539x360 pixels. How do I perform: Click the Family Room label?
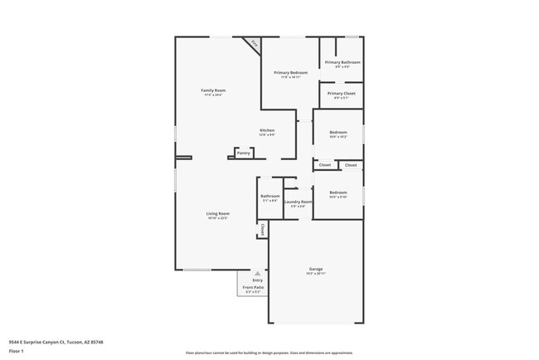[213, 90]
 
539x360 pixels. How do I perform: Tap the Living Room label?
[218, 213]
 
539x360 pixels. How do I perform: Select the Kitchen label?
[267, 130]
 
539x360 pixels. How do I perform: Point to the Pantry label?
[244, 153]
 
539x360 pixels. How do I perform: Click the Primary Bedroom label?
[291, 73]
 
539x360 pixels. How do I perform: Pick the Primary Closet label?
[341, 94]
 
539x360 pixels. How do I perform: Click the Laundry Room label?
[298, 202]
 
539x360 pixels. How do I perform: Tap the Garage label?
[316, 270]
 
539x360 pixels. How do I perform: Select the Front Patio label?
[252, 288]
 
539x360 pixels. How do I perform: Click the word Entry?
[257, 280]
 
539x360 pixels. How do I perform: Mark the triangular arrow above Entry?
[257, 272]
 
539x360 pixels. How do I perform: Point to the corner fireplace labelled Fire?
[254, 43]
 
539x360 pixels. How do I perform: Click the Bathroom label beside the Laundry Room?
[270, 197]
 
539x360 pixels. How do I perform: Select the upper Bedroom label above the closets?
[337, 133]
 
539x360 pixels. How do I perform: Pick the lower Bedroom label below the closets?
[337, 192]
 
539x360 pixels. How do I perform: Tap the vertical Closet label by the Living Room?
[263, 229]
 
